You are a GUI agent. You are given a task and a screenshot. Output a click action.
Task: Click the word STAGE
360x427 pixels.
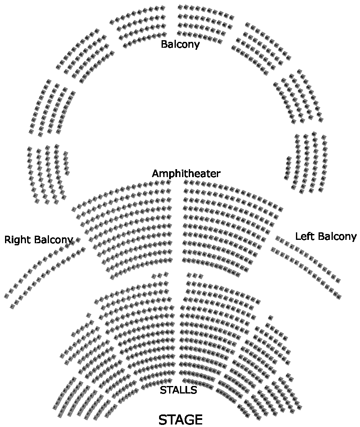pos(180,419)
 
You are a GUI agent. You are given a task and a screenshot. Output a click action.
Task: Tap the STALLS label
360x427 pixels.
pos(178,390)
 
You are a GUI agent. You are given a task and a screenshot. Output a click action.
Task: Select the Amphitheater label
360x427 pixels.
pos(186,173)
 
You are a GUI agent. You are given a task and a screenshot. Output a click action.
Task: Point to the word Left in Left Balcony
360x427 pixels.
pos(304,236)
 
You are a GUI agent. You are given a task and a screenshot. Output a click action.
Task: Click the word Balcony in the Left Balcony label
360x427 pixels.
pos(336,236)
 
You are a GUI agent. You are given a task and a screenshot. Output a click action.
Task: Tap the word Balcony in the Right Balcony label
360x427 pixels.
pos(54,240)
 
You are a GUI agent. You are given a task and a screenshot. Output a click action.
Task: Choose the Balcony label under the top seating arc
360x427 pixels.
pos(180,44)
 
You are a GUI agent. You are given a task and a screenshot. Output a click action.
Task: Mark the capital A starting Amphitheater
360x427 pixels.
pos(155,173)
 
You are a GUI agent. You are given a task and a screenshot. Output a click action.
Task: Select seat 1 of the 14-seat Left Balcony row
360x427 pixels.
pos(278,238)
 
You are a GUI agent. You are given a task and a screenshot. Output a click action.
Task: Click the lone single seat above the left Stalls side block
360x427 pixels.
pos(88,315)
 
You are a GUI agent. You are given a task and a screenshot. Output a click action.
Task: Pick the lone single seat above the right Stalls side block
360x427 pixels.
pos(270,318)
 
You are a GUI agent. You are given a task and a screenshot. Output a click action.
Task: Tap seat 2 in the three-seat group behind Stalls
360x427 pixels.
pos(159,275)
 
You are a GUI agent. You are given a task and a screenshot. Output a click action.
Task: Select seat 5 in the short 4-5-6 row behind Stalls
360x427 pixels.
pos(195,275)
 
